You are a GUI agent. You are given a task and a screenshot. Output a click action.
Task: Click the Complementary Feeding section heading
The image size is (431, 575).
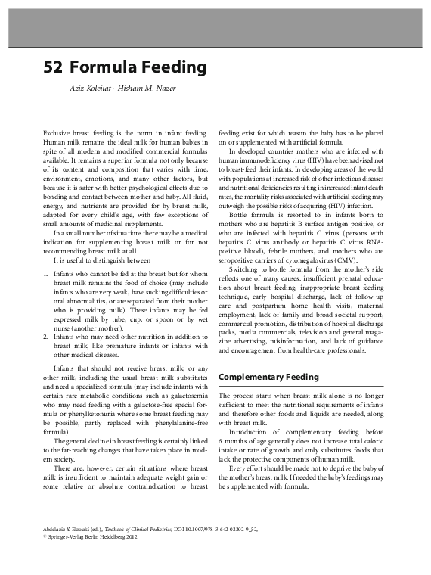click(x=268, y=377)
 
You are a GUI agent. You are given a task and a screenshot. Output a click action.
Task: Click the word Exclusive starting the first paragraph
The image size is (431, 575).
click(x=58, y=132)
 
